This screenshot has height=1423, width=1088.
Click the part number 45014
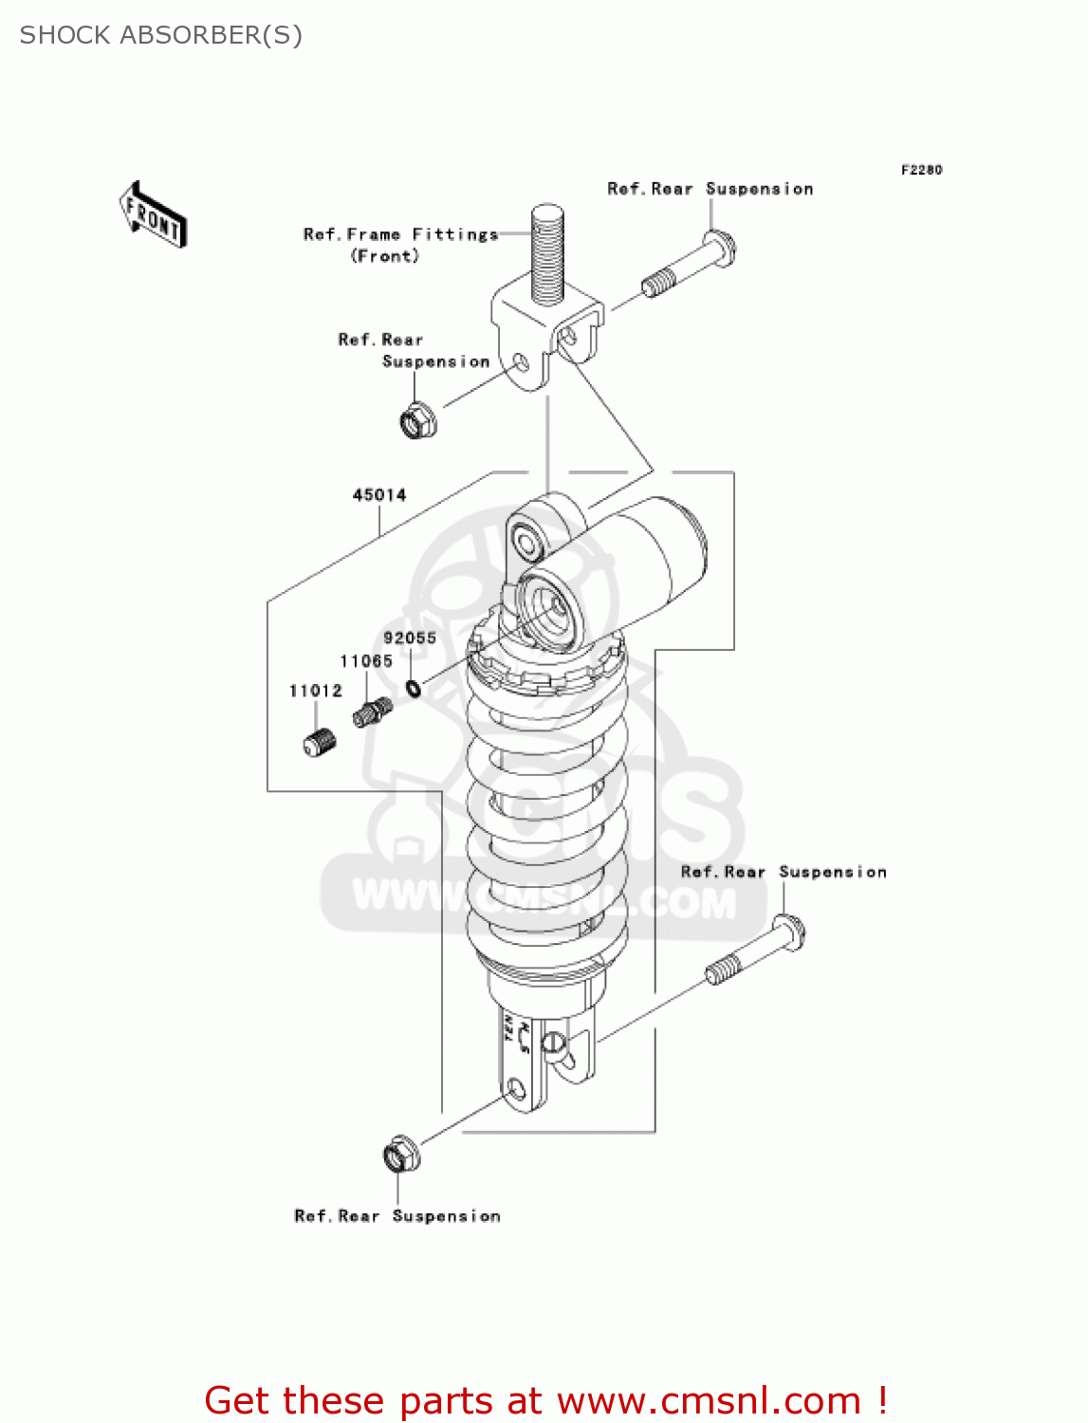(379, 495)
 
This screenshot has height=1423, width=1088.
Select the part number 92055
(410, 638)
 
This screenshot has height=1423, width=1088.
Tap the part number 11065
(366, 661)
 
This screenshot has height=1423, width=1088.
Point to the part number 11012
(316, 691)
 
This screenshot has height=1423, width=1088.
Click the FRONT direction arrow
(153, 215)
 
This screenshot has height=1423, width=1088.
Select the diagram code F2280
(921, 170)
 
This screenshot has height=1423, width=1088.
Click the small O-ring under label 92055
(415, 687)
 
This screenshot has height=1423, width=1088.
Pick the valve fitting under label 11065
(372, 712)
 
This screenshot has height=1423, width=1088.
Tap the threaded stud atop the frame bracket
(548, 252)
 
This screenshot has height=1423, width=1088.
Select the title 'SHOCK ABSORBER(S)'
(161, 35)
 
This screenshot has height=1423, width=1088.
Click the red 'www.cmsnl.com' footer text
(708, 1401)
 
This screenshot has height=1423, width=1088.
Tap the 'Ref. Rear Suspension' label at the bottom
(397, 1216)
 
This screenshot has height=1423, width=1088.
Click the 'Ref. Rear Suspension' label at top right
(710, 189)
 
